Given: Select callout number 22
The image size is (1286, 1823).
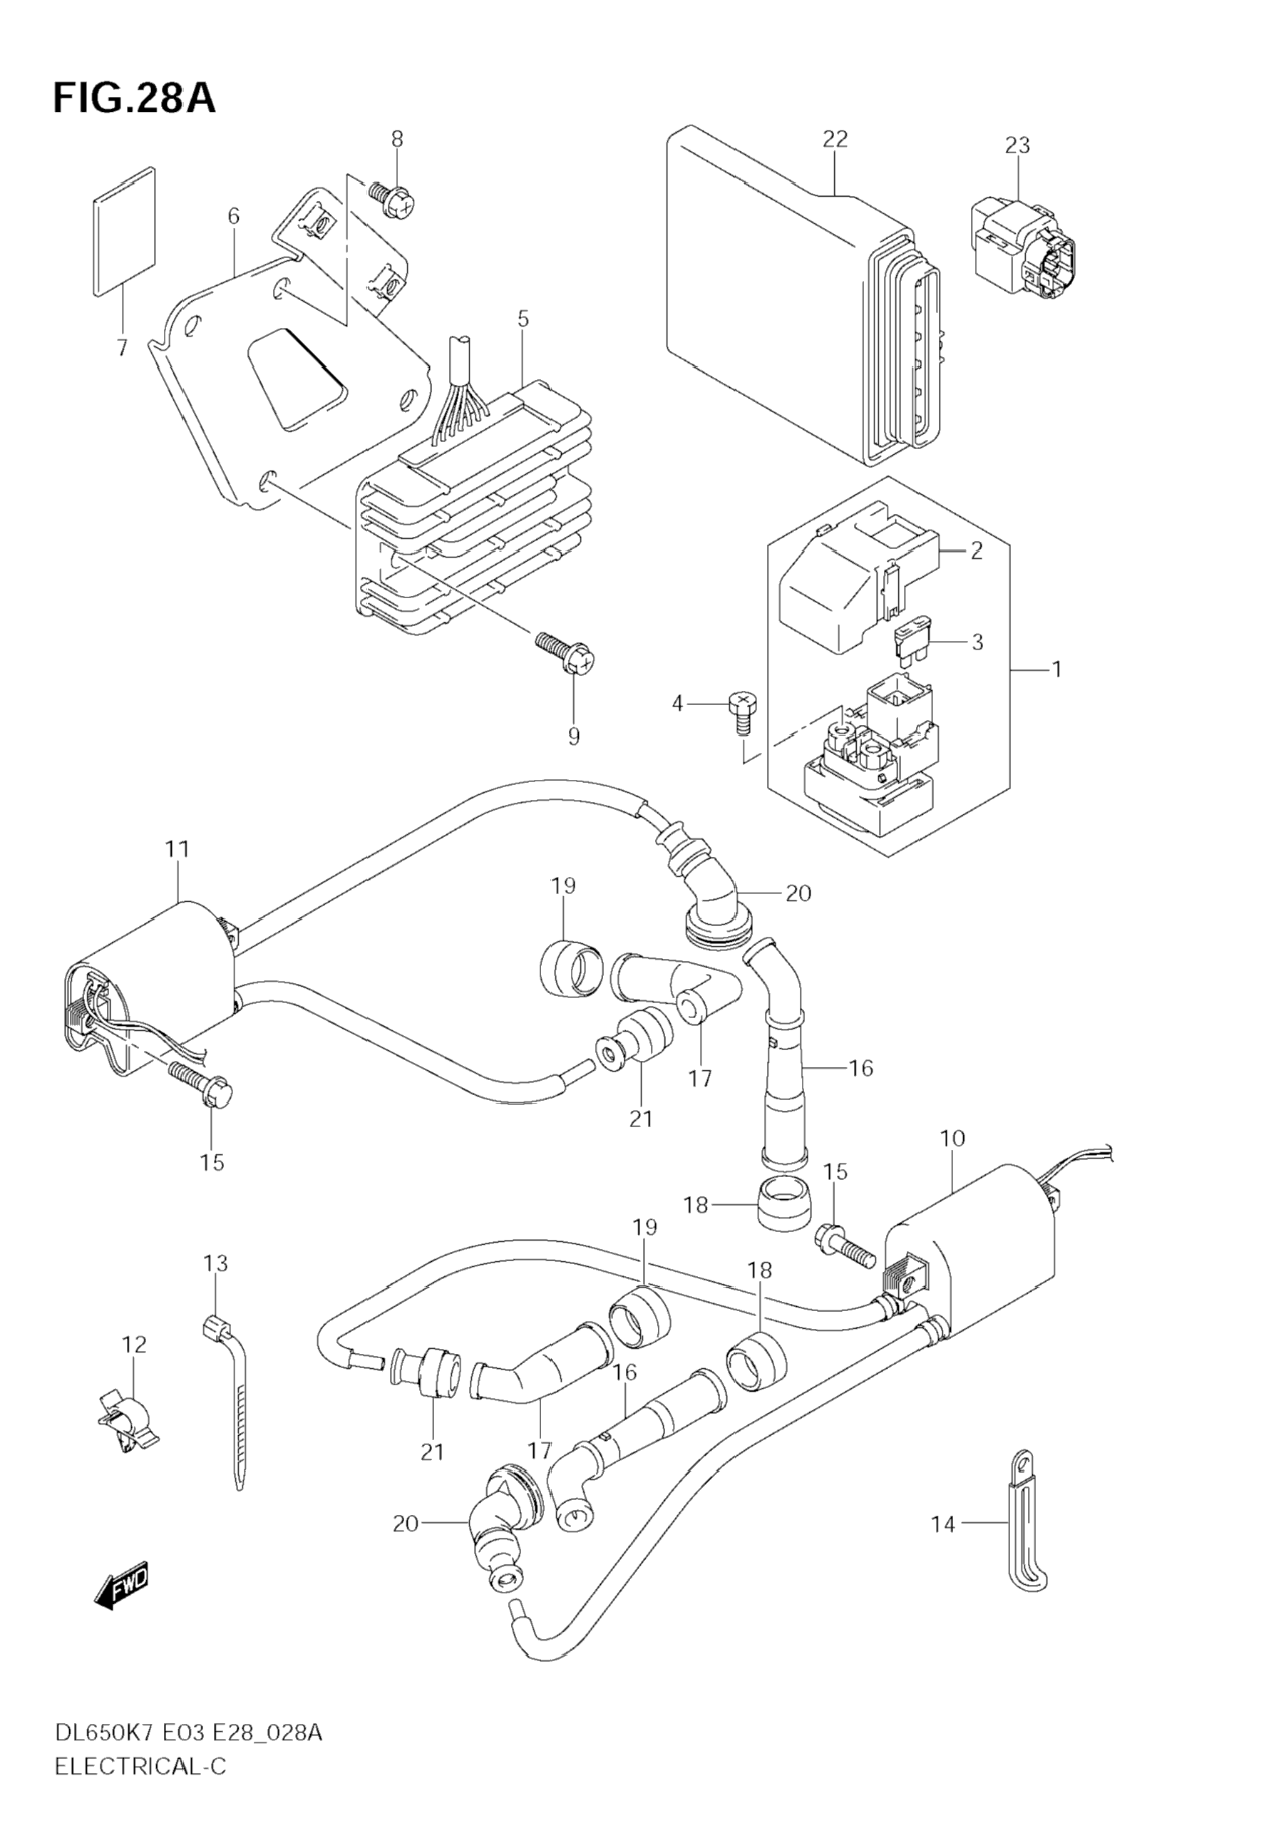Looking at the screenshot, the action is [x=835, y=139].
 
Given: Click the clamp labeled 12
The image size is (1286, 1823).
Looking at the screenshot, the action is [x=133, y=1417].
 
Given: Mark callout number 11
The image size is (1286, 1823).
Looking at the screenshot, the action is [x=177, y=849].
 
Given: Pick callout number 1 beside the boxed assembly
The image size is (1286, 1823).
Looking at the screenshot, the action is [x=1056, y=669].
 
